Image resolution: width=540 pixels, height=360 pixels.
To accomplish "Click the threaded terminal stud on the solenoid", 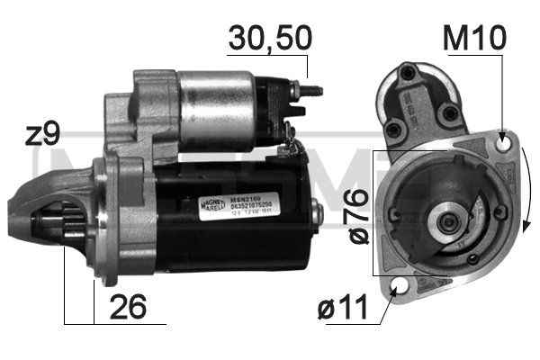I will click(x=308, y=90).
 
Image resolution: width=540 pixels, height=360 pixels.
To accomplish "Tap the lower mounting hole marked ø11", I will click(x=400, y=289).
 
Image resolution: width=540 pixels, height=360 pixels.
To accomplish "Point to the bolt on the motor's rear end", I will click(x=317, y=214).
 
